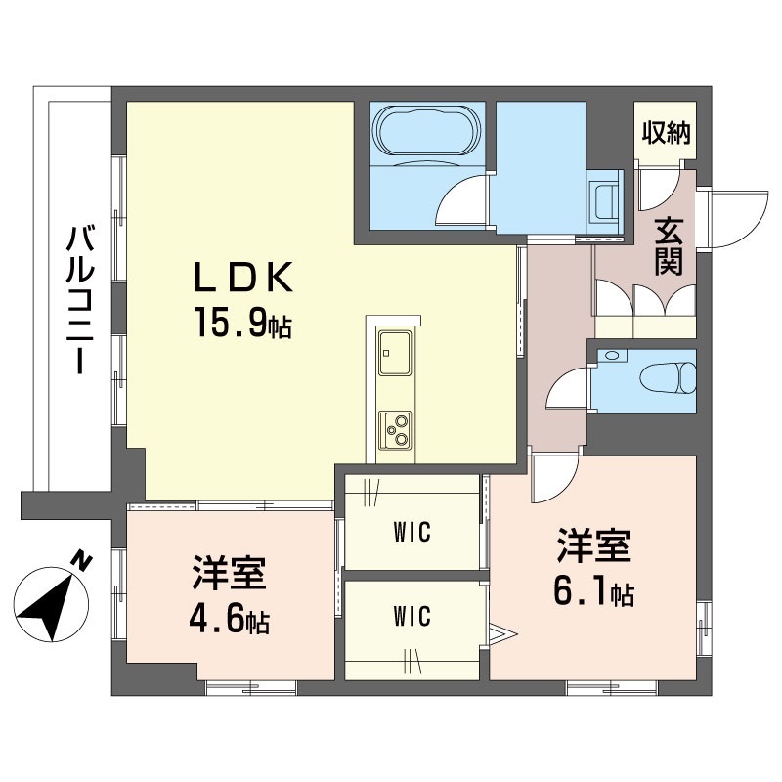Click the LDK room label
click(242, 278)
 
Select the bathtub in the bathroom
click(427, 131)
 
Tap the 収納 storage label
click(666, 132)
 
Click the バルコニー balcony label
click(80, 299)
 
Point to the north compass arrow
click(51, 604)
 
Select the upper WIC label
click(412, 532)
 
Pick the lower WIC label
click(412, 617)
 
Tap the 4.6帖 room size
click(230, 621)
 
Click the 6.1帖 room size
click(593, 593)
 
